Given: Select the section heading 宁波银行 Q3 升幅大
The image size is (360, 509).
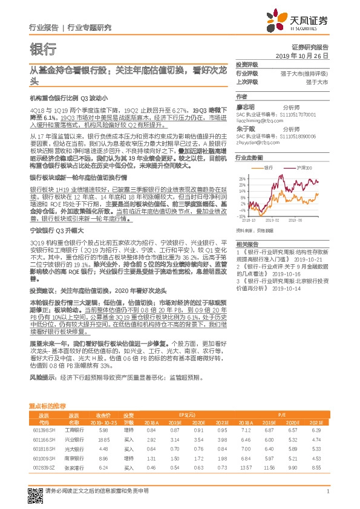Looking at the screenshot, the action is click(x=56, y=231).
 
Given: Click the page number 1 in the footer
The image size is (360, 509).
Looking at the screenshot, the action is click(x=327, y=499).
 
